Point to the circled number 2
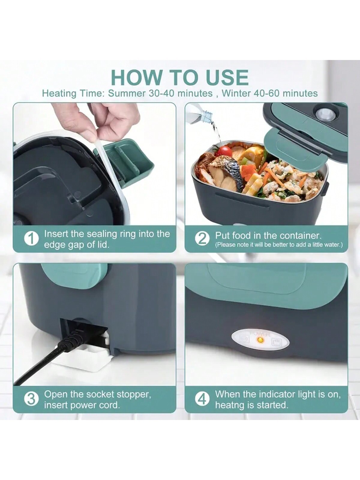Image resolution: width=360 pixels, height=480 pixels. click(x=202, y=239)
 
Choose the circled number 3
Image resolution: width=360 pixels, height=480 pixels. click(x=31, y=399)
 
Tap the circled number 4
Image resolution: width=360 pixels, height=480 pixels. click(x=202, y=399)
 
